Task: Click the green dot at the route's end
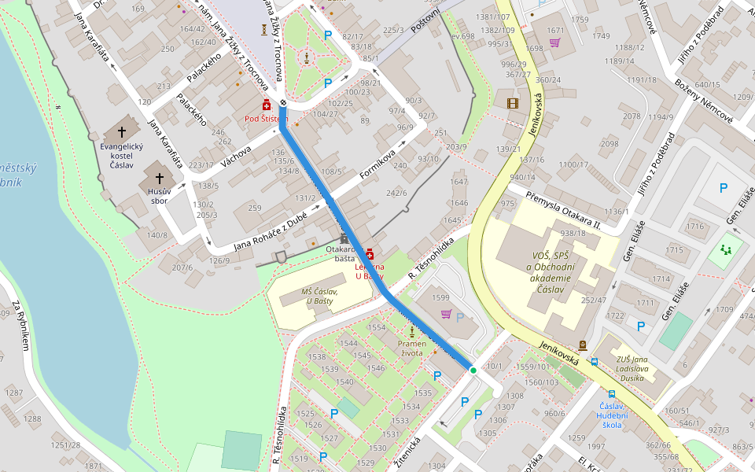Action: click(x=473, y=370)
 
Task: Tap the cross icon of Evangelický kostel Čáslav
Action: click(x=121, y=131)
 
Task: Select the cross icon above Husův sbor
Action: click(x=160, y=179)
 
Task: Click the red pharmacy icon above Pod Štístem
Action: click(x=267, y=105)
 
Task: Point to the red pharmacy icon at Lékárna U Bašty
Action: click(x=370, y=254)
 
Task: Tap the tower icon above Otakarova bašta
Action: click(x=344, y=238)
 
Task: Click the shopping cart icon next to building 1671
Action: click(x=554, y=42)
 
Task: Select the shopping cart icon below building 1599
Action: click(x=446, y=314)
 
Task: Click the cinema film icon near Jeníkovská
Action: click(x=513, y=103)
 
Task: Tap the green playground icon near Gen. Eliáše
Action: click(x=725, y=250)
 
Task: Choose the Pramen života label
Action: click(x=411, y=348)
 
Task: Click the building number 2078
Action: click(x=632, y=116)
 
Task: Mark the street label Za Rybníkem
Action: click(x=20, y=326)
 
